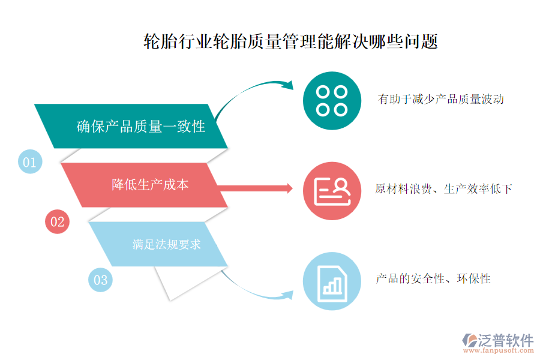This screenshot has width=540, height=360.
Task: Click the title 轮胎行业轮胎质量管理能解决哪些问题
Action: click(290, 41)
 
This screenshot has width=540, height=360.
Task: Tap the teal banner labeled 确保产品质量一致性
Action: click(131, 126)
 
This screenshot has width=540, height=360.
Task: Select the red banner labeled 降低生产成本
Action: click(144, 185)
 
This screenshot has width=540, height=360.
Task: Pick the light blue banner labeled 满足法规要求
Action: click(158, 244)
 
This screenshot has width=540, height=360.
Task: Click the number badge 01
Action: click(30, 161)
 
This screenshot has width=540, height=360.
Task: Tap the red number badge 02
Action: click(57, 221)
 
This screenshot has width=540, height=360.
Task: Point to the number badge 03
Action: click(100, 280)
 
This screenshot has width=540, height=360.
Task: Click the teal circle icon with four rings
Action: click(332, 101)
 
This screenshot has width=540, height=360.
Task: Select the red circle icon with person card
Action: click(332, 191)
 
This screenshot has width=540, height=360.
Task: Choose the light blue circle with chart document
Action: click(332, 281)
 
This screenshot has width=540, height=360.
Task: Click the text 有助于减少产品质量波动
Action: click(441, 99)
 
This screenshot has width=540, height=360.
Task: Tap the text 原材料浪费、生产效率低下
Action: click(443, 189)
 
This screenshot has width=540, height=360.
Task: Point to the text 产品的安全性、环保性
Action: click(433, 278)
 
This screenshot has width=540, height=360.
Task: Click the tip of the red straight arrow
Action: click(292, 188)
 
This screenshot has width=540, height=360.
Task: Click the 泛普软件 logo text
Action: click(505, 340)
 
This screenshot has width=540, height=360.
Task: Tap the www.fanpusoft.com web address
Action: click(499, 350)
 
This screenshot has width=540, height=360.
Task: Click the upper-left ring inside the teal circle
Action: click(323, 92)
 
